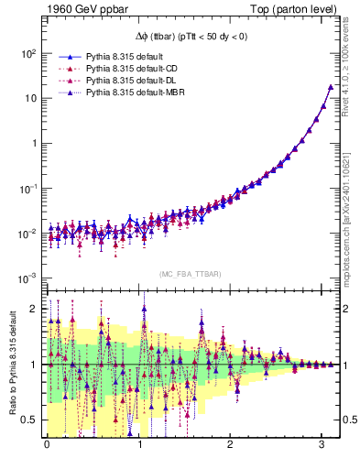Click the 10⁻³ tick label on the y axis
pos(27,278)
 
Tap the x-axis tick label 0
pos(48,444)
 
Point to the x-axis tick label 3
pos(322,444)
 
